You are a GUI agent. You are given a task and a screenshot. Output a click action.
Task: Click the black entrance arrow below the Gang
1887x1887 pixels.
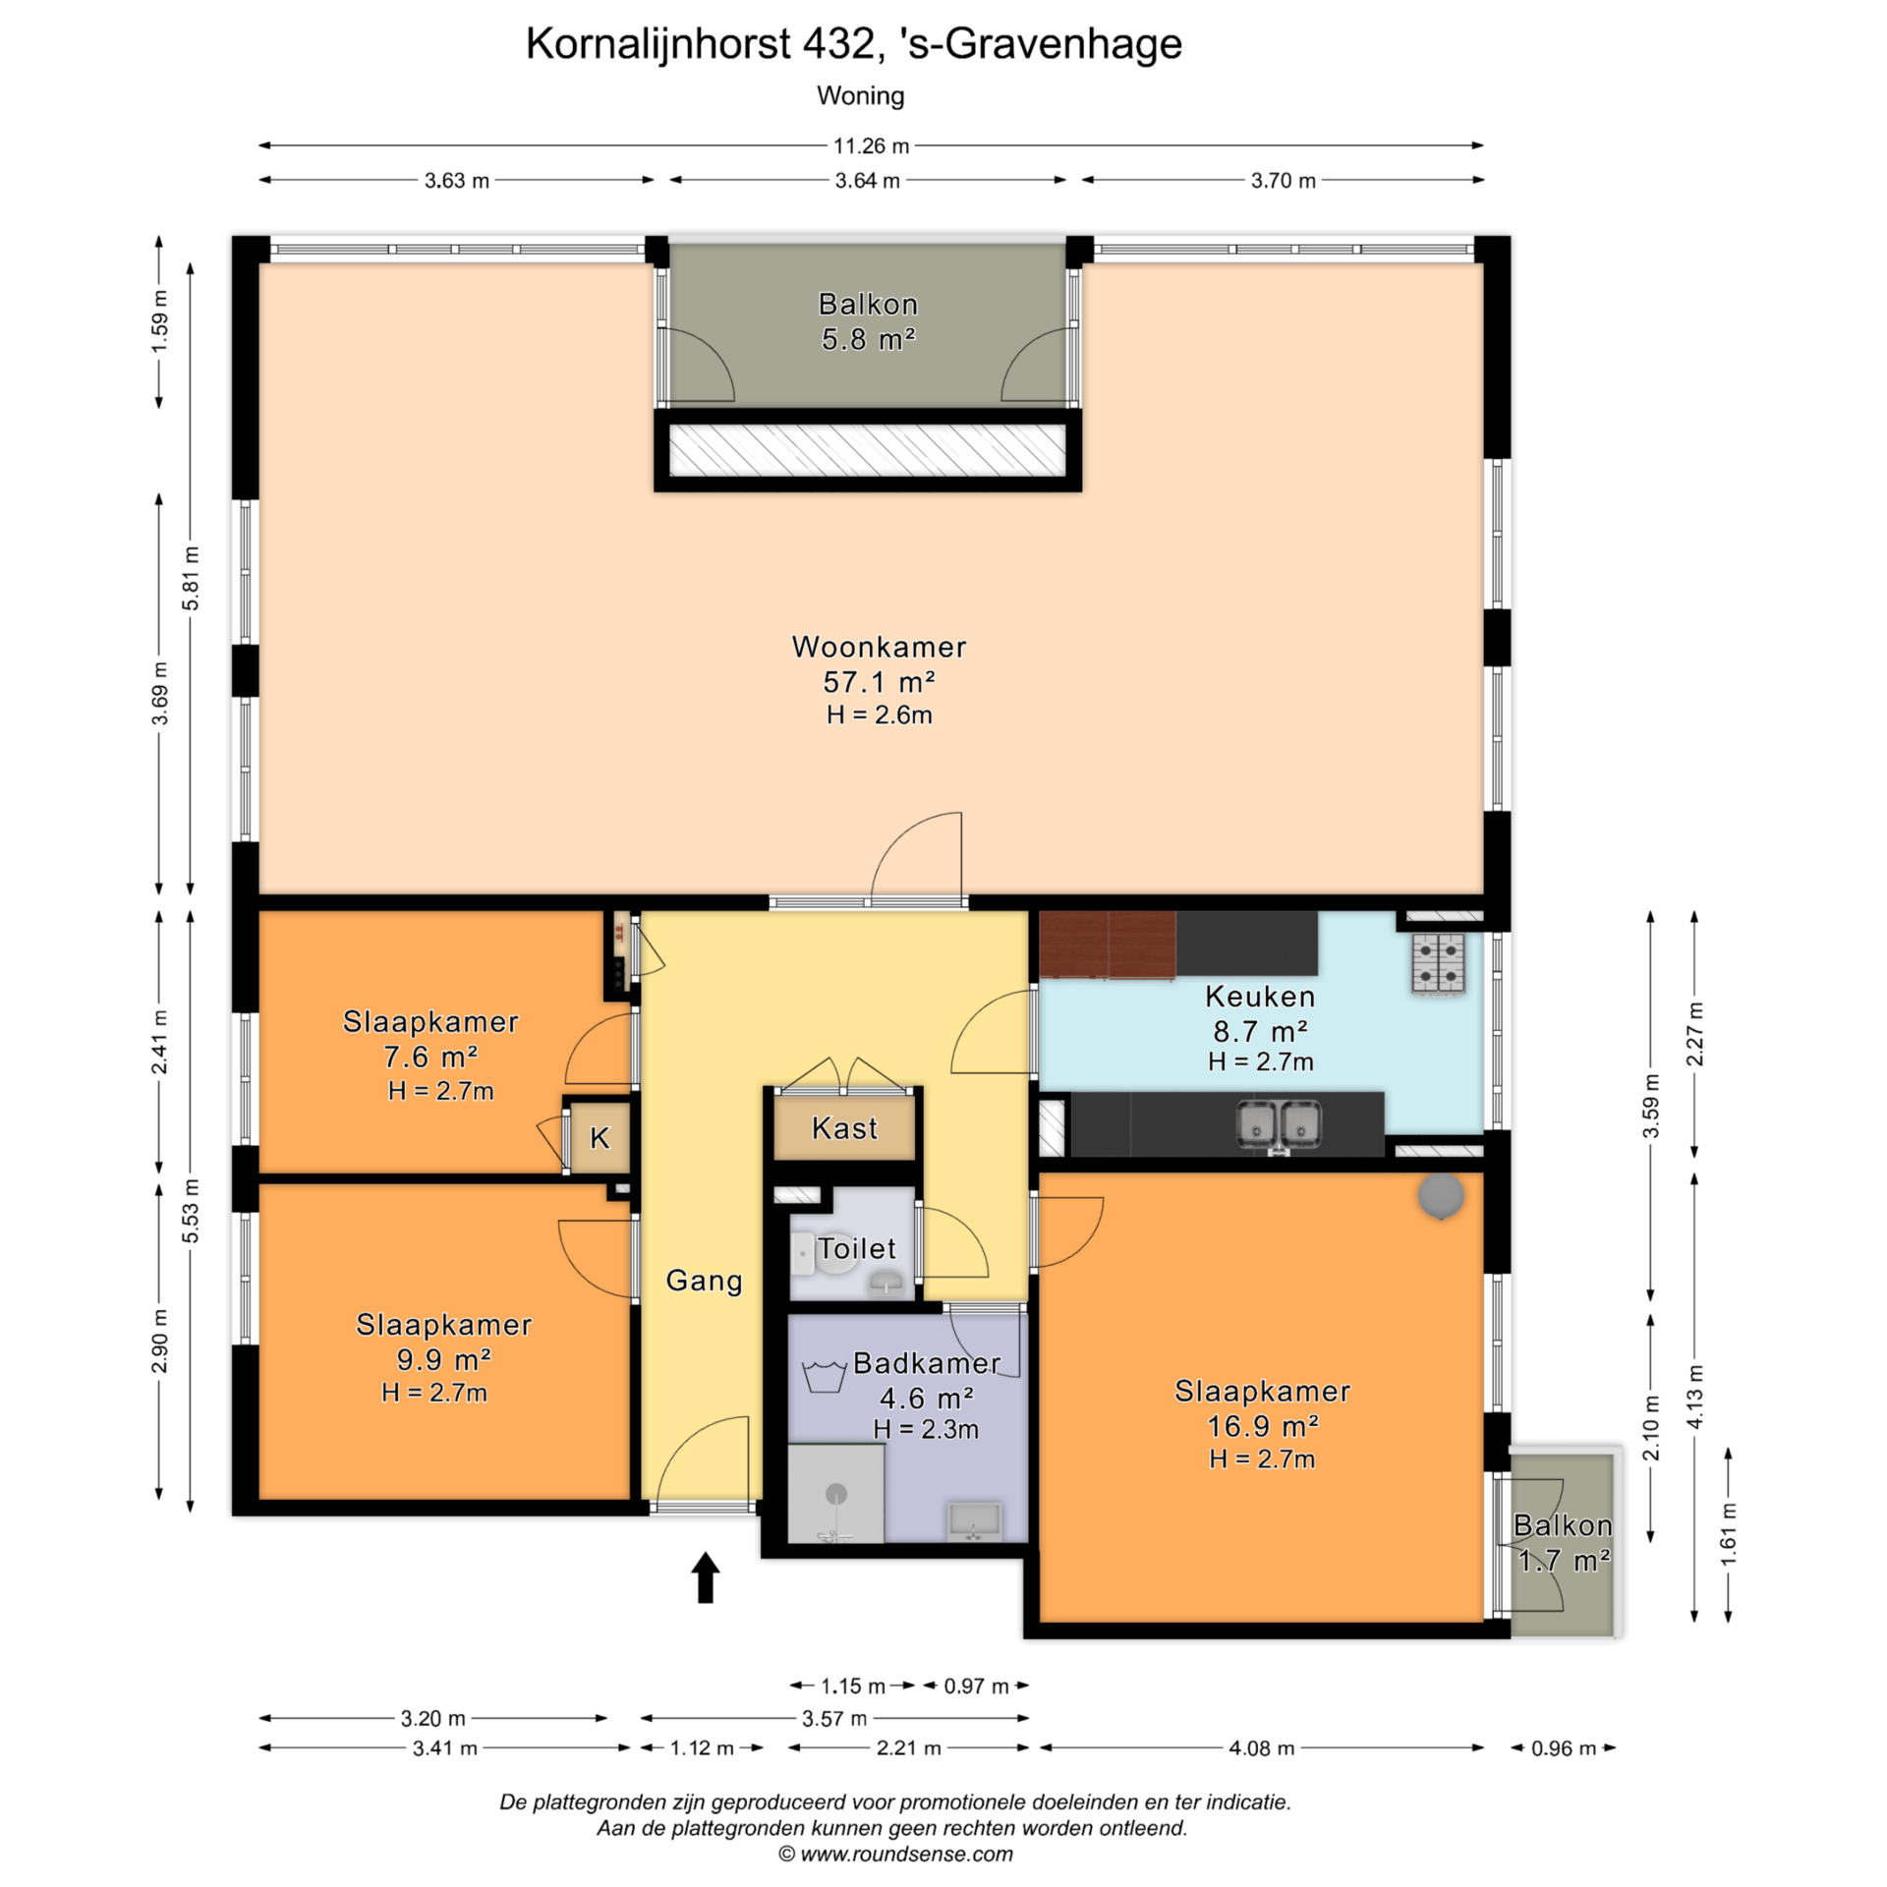tap(706, 1577)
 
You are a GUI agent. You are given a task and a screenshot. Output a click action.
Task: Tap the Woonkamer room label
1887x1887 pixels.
tap(879, 647)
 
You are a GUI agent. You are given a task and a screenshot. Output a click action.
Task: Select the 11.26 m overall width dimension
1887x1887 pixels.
tap(871, 145)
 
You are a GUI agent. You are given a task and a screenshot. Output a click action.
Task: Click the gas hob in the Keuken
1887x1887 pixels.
tap(1439, 963)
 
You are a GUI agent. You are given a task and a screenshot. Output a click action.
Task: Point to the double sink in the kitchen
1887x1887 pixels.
tap(1279, 1124)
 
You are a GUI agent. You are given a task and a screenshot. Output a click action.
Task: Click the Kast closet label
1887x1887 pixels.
tap(844, 1128)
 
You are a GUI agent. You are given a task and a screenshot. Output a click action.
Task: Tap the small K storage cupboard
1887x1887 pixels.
tap(600, 1137)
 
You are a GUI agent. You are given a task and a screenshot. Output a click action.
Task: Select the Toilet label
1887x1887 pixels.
tap(857, 1249)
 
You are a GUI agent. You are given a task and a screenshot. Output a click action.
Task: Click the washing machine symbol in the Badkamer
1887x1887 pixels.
tap(825, 1376)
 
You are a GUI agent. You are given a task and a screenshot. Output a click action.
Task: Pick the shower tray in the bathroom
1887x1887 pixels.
tap(835, 1493)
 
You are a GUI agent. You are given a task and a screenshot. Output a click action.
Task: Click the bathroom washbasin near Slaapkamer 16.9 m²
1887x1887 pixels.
tap(974, 1521)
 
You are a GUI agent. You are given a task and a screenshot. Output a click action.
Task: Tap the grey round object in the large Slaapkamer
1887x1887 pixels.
tap(1441, 1196)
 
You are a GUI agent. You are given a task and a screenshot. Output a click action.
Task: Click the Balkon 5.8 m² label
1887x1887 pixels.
tap(869, 321)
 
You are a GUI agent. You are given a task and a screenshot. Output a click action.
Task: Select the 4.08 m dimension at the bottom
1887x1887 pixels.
tap(1262, 1747)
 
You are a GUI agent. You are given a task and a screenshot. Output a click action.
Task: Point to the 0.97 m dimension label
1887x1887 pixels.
tap(976, 1686)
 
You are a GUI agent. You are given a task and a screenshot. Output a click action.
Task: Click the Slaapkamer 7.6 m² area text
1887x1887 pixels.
tap(430, 1057)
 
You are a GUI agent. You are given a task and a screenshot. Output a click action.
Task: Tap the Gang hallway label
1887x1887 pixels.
tap(704, 1281)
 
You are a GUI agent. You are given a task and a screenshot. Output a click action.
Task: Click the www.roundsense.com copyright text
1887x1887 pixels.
tap(895, 1854)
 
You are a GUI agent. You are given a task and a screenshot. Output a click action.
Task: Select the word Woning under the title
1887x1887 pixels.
tap(861, 96)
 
